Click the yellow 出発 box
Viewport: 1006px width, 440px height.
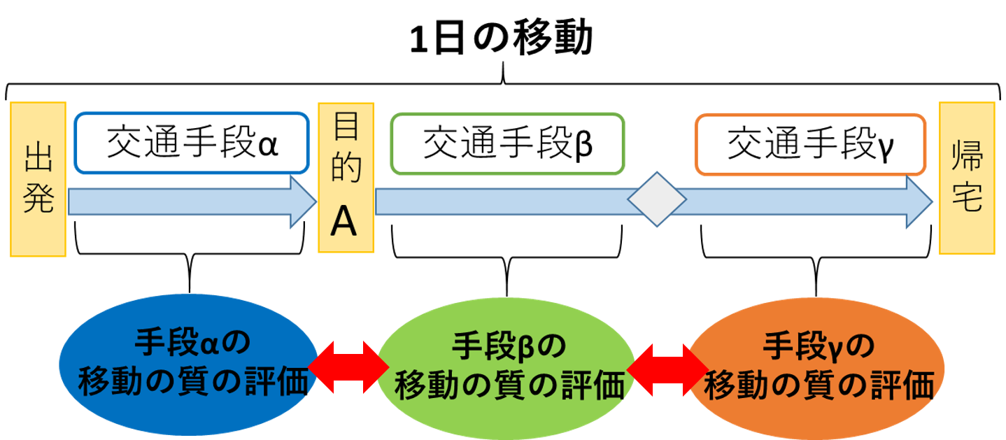coord(38,179)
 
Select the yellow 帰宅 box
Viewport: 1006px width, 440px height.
coord(967,178)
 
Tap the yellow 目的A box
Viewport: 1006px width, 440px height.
coord(346,178)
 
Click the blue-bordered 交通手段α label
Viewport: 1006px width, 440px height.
coord(191,143)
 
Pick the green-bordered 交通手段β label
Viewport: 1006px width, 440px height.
coord(507,143)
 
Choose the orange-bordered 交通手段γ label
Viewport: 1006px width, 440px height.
coord(810,143)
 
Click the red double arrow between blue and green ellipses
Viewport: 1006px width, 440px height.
coord(347,366)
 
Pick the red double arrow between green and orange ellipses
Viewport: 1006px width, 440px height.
coord(667,366)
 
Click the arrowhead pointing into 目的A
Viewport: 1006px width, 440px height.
coord(304,202)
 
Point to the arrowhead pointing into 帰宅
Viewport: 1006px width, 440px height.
coord(920,202)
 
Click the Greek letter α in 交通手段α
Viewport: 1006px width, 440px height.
coord(268,146)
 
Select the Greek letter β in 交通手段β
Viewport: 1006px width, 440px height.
coord(583,146)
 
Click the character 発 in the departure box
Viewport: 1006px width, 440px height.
coord(38,200)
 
